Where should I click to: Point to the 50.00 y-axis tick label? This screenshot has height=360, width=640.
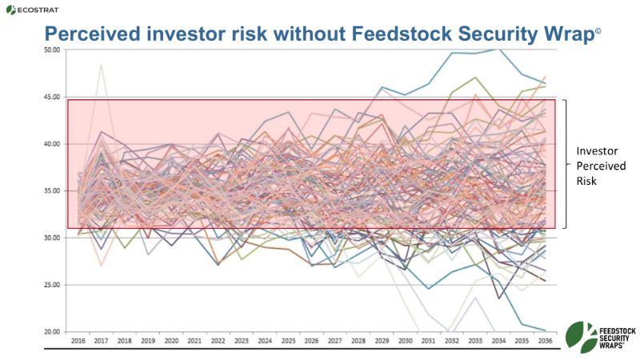53,50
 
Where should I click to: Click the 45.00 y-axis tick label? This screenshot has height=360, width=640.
53,97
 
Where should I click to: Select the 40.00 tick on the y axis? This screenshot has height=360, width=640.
53,144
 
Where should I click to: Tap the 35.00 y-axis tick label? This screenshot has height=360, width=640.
53,190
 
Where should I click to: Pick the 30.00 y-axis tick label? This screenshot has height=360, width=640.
53,238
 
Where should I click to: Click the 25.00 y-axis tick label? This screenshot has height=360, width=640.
53,285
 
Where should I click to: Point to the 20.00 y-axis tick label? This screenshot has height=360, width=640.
53,331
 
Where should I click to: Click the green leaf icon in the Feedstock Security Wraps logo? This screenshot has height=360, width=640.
578,334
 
